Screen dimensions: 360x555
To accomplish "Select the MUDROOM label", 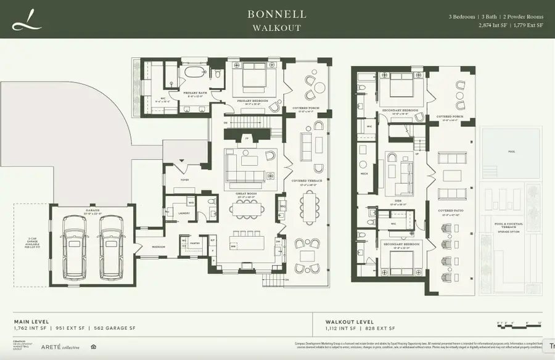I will coord(158,247).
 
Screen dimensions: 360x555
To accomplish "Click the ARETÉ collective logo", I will coord(60,346).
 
